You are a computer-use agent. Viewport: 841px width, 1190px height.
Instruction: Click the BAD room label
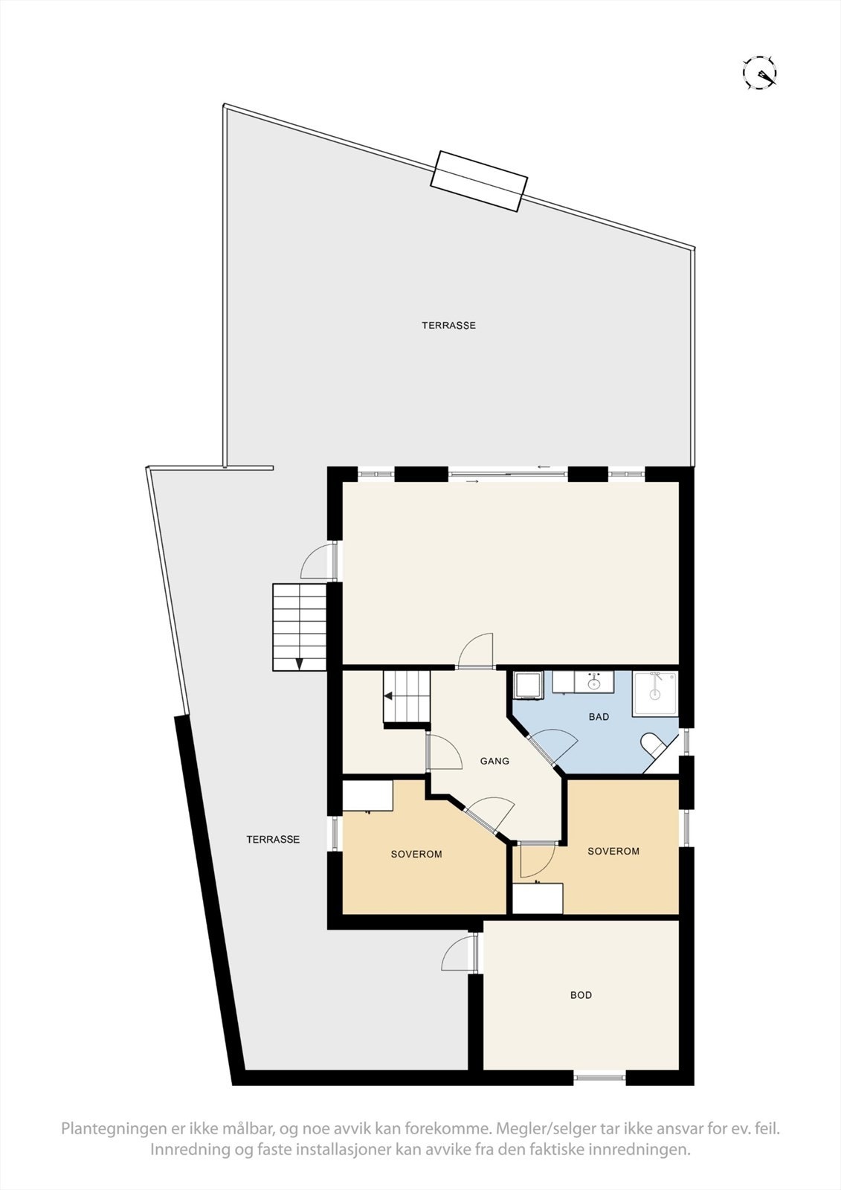[599, 717]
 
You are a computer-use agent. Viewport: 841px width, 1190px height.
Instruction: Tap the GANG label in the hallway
[494, 761]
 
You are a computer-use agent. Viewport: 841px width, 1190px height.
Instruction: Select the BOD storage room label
[581, 994]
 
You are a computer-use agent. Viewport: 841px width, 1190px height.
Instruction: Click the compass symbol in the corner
[760, 73]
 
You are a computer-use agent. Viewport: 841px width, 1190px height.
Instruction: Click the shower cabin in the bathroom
[655, 694]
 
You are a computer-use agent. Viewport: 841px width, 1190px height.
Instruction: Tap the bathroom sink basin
[594, 682]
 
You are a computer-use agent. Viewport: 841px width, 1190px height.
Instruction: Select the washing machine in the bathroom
[529, 685]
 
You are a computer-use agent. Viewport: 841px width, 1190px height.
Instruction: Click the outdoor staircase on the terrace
[300, 627]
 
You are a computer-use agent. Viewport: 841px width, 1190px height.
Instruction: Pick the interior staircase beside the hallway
[407, 696]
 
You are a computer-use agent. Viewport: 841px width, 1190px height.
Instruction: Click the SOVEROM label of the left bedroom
[416, 854]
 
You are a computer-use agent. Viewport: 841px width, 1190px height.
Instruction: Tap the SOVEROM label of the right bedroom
[613, 851]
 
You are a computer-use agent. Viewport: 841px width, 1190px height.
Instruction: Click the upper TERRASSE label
[448, 325]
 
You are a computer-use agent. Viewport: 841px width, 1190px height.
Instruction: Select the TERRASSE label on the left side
[273, 839]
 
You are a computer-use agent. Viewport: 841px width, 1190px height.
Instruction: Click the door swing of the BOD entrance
[457, 955]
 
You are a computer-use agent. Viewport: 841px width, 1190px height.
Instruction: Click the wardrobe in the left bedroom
[367, 795]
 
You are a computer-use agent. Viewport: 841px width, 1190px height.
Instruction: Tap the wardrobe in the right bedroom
[538, 898]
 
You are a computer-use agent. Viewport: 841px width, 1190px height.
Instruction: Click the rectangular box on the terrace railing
[480, 181]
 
